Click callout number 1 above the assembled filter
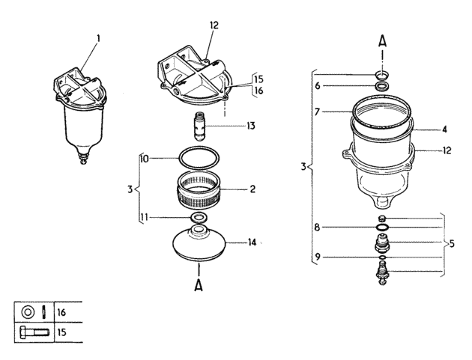coord(98,39)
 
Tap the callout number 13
coord(251,126)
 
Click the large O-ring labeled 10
coord(199,158)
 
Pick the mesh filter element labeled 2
coord(199,189)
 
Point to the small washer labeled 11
coord(199,217)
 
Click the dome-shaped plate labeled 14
coord(199,243)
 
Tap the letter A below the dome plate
coord(199,285)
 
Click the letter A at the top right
coord(382,41)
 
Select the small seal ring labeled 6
coord(382,86)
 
